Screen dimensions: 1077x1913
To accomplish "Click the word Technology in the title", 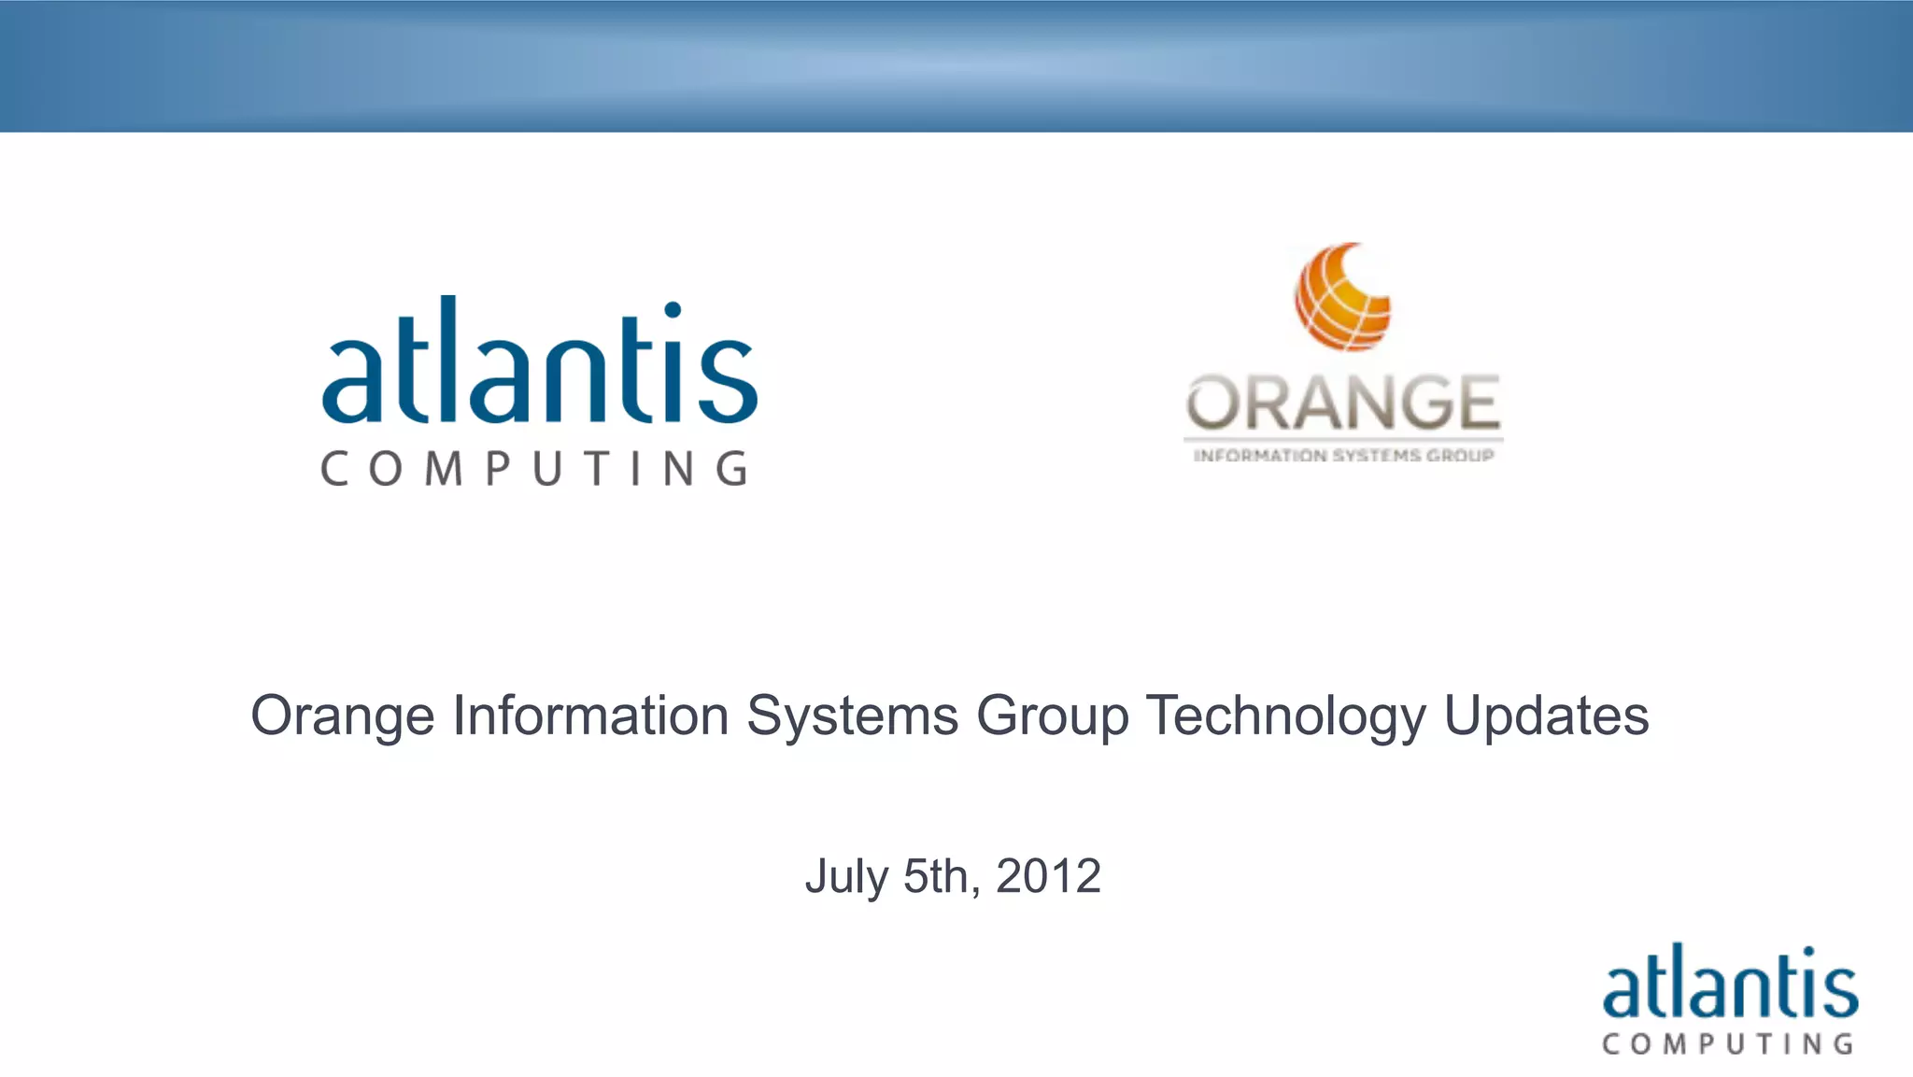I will click(x=1285, y=716).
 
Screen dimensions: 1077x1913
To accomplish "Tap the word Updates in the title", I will click(x=1546, y=716).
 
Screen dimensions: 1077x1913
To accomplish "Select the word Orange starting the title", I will click(x=343, y=716).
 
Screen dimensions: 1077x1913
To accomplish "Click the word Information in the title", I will click(x=590, y=716).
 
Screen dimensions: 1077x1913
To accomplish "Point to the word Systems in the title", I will click(x=852, y=716).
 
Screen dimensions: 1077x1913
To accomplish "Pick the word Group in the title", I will click(x=1052, y=716).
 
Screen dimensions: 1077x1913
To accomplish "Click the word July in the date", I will click(x=846, y=877).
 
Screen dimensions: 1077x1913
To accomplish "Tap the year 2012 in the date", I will click(x=1048, y=876).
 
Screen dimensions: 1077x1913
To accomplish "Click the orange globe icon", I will click(x=1342, y=297).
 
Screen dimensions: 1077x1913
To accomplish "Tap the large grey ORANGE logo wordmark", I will click(x=1343, y=404).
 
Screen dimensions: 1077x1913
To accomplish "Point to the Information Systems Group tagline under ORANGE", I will click(x=1343, y=456).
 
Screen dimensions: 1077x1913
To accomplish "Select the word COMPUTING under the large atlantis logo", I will click(x=534, y=469).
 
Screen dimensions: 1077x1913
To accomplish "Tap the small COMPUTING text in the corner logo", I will click(x=1728, y=1043).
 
